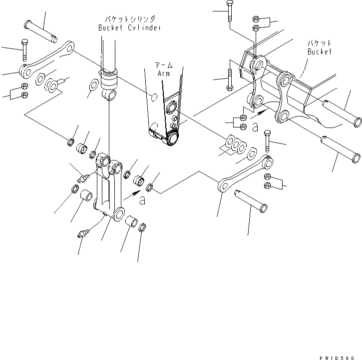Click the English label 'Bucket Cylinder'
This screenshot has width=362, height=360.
coord(129,28)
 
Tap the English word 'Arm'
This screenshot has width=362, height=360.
coord(164,73)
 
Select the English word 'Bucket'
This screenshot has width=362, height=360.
coord(319,51)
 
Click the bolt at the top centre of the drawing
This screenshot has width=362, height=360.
coord(229,10)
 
